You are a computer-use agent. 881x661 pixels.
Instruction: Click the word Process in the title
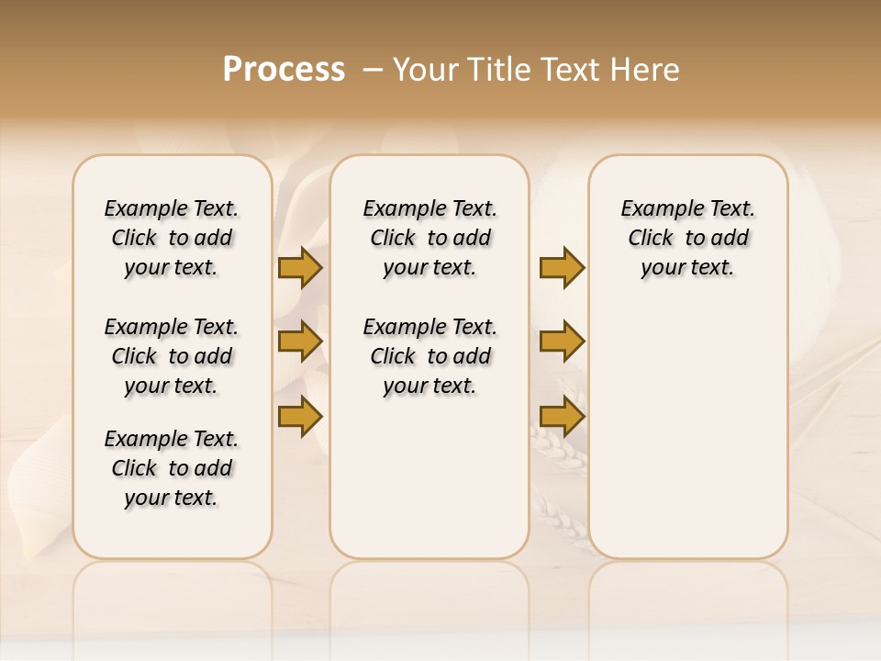(284, 70)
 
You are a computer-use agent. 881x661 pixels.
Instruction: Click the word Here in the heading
(643, 70)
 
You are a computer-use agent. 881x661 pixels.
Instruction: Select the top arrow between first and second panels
(300, 268)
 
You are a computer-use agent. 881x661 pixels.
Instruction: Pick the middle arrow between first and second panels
(300, 342)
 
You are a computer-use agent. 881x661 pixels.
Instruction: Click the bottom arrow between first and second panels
(300, 416)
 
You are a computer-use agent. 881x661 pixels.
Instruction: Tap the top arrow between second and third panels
(562, 268)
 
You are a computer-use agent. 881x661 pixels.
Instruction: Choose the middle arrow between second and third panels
(562, 342)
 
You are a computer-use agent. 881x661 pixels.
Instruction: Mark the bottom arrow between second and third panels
(562, 416)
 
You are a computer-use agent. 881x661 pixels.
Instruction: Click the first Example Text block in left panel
(172, 238)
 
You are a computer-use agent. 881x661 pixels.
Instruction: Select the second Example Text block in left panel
(172, 356)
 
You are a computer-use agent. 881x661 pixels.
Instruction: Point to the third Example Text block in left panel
(172, 468)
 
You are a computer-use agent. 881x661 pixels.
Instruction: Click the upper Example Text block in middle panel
(429, 238)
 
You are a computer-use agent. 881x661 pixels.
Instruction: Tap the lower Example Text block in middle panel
(429, 356)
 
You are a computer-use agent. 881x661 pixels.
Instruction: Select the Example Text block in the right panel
(687, 238)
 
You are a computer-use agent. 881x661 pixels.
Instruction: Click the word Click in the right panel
(651, 238)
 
